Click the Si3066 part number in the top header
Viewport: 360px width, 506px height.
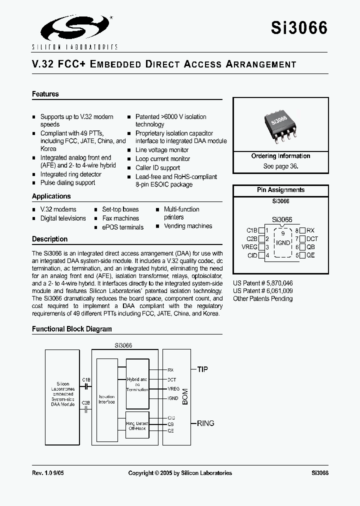pyautogui.click(x=299, y=27)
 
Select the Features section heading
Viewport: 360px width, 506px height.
pyautogui.click(x=45, y=94)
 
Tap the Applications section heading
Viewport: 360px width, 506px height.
pyautogui.click(x=51, y=196)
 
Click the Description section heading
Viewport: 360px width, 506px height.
pyautogui.click(x=50, y=239)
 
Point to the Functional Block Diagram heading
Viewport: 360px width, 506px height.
pyautogui.click(x=72, y=329)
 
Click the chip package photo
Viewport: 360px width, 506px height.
pyautogui.click(x=281, y=125)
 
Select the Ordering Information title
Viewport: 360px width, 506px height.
pyautogui.click(x=280, y=156)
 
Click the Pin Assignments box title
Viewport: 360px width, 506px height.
pyautogui.click(x=280, y=190)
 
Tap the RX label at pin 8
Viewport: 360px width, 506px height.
pyautogui.click(x=310, y=230)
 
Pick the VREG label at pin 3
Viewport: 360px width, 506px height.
pyautogui.click(x=249, y=247)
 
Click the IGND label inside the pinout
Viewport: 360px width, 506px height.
pyautogui.click(x=283, y=243)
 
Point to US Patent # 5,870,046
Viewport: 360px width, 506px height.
pyautogui.click(x=263, y=282)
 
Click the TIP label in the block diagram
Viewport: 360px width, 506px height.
pyautogui.click(x=202, y=369)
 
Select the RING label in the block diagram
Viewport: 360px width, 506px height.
pyautogui.click(x=205, y=423)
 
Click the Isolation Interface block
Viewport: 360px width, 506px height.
pyautogui.click(x=106, y=399)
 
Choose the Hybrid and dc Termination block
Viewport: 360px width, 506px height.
pyautogui.click(x=136, y=384)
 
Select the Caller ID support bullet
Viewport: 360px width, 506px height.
pyautogui.click(x=157, y=168)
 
